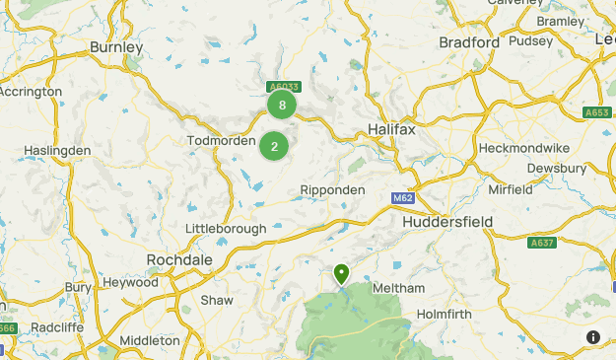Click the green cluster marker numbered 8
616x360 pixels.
[283, 105]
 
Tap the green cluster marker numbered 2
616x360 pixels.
[274, 148]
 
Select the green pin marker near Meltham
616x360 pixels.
[342, 273]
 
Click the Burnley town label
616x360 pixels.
[116, 47]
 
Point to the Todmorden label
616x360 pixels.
[221, 141]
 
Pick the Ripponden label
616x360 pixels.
[332, 189]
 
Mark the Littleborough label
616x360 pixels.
[226, 229]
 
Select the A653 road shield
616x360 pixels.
[596, 112]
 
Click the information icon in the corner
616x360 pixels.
[593, 337]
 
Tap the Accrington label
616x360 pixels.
[29, 91]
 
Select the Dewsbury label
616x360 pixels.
[578, 168]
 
